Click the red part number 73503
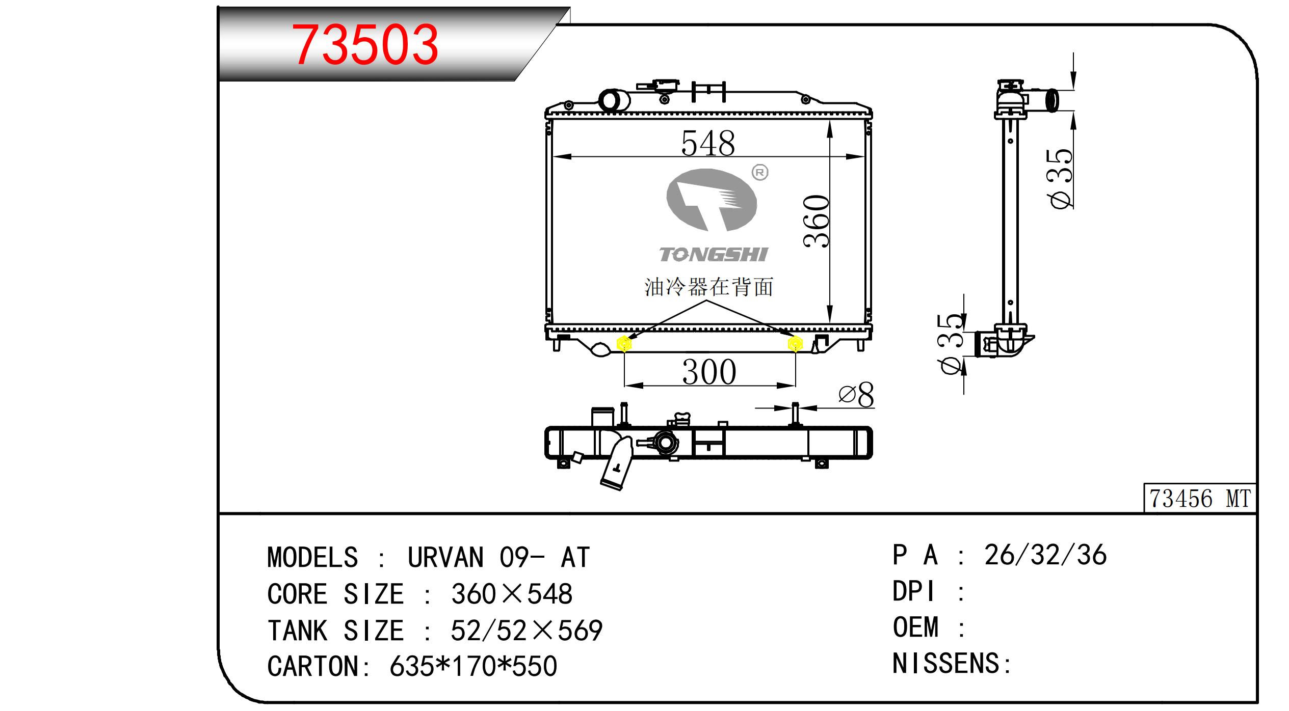point(366,45)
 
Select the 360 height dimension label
point(817,221)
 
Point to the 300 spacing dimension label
point(709,372)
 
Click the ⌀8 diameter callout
point(856,395)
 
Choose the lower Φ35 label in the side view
point(951,344)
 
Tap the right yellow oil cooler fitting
point(795,344)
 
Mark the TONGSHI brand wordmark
point(713,255)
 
